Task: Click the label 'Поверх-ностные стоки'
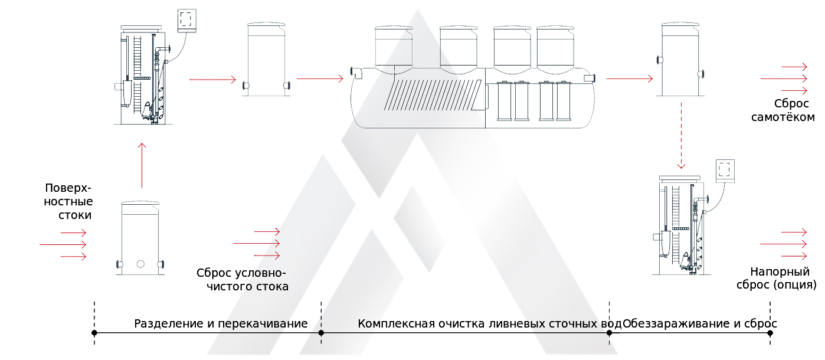(x=68, y=201)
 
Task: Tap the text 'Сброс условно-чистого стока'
(x=242, y=280)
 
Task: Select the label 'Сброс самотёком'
(x=783, y=110)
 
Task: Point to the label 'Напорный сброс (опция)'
(x=779, y=279)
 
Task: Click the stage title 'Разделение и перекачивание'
(x=221, y=324)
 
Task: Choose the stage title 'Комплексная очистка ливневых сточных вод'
(x=489, y=324)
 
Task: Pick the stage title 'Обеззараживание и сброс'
(x=700, y=324)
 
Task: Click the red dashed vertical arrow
(x=681, y=136)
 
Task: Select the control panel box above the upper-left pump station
(x=186, y=20)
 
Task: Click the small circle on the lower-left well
(x=140, y=264)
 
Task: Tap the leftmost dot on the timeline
(x=94, y=333)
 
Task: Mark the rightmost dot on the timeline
(x=770, y=333)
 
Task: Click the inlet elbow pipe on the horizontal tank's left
(x=356, y=73)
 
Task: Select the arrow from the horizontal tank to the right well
(x=629, y=78)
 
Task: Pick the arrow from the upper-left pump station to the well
(x=212, y=78)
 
